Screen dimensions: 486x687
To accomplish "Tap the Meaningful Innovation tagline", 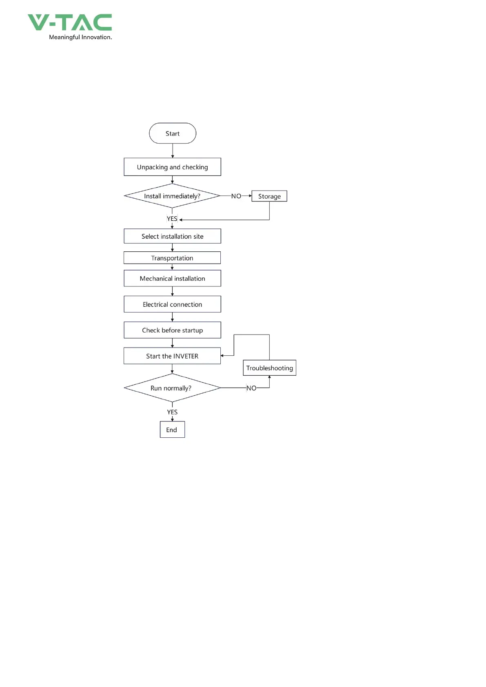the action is pos(80,38).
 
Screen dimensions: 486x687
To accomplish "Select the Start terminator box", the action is pos(173,133).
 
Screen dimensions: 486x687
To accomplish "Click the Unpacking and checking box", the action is pos(172,167).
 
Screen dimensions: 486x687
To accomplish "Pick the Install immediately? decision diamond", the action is pos(172,196).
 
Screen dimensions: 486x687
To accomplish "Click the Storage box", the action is pos(269,196).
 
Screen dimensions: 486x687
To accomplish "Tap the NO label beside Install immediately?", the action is pos(236,196).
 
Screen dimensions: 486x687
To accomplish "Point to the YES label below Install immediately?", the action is pos(172,219).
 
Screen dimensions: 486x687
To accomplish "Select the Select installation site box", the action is pos(172,236).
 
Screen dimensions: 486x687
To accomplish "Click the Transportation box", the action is pos(172,258).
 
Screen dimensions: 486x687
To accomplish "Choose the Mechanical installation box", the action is pos(172,278).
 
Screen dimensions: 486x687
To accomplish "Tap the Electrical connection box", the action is pos(172,304).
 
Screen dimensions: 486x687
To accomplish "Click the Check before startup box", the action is pos(172,330).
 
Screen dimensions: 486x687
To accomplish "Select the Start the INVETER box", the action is pos(172,356).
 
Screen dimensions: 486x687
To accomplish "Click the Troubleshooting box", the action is pos(269,368).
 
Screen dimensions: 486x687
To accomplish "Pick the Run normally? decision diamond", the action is pos(172,388).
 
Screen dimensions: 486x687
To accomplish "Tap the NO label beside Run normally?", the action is pos(251,388).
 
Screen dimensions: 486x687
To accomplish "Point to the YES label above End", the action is pos(172,412).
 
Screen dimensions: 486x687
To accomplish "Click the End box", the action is pos(172,429).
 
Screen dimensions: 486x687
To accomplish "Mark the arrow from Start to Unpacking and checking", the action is pos(173,151).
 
